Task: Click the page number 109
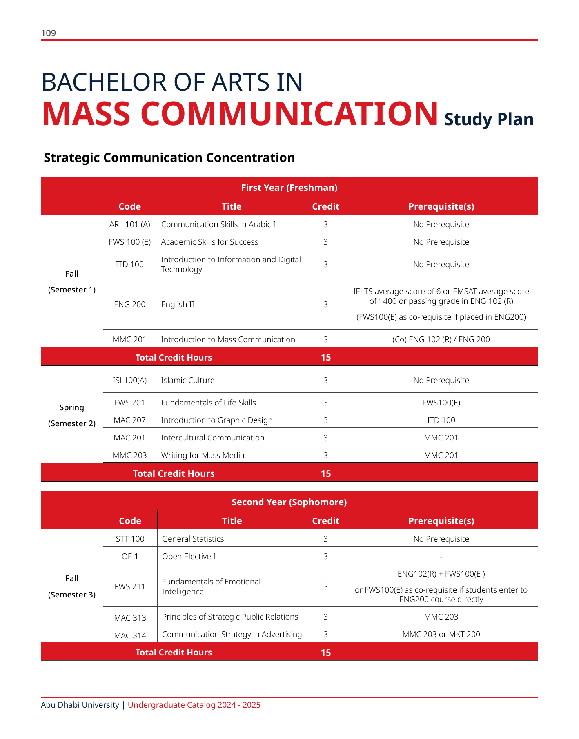(48, 33)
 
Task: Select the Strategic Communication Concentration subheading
(169, 157)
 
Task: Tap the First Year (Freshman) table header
(289, 188)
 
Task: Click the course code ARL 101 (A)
(130, 224)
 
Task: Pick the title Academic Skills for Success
(209, 242)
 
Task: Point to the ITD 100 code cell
(130, 264)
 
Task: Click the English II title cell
(178, 304)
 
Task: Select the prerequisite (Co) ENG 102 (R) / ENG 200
(441, 339)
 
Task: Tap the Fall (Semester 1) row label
(72, 281)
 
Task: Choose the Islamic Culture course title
(187, 380)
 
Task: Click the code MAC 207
(130, 420)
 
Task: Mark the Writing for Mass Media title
(203, 455)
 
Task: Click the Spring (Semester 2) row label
(72, 415)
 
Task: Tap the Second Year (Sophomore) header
(289, 502)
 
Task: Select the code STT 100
(130, 539)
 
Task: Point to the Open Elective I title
(189, 556)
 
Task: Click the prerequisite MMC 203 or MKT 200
(441, 634)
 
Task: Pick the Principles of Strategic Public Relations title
(230, 617)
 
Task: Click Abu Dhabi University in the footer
(80, 705)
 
